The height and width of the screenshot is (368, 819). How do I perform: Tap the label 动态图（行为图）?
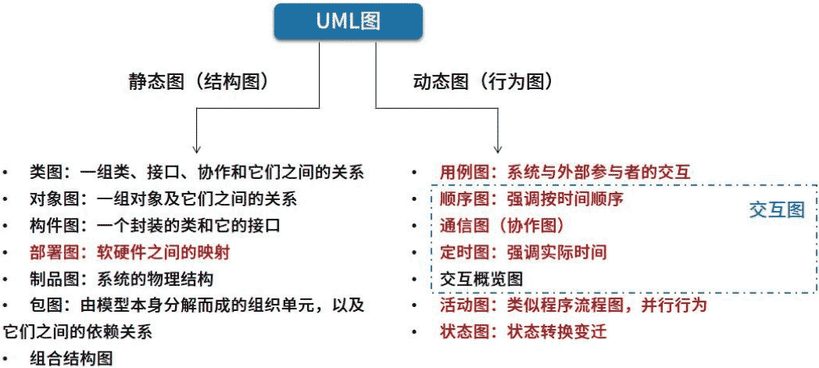(x=483, y=82)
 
